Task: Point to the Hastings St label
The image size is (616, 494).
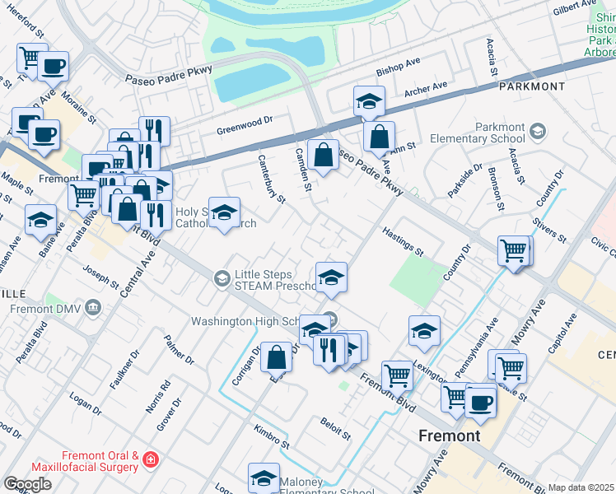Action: tap(403, 241)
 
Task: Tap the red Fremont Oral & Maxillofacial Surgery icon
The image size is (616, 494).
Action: tap(151, 459)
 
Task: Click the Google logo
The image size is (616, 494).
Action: tap(27, 484)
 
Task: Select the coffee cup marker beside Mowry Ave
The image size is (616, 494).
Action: tap(481, 402)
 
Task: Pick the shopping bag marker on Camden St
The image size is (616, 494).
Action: tap(324, 154)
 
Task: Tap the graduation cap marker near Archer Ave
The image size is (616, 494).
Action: tap(369, 102)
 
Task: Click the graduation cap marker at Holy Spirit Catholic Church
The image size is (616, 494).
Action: tap(224, 213)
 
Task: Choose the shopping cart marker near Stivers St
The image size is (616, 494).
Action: tap(514, 249)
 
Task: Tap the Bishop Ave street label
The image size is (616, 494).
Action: tap(398, 72)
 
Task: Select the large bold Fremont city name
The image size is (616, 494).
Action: tap(450, 436)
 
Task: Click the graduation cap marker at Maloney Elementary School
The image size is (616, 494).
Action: tap(264, 478)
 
